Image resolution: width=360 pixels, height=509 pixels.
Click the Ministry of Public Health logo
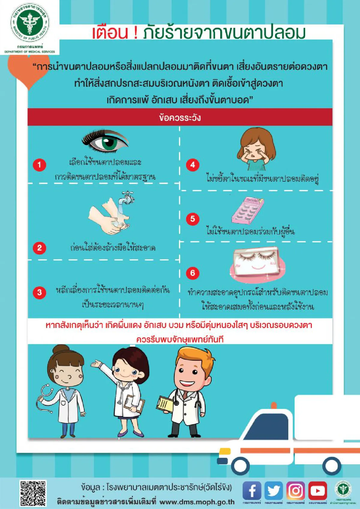tap(29, 23)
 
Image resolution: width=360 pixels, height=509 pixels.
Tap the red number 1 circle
tap(39, 165)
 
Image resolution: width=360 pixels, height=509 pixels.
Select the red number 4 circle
tap(193, 165)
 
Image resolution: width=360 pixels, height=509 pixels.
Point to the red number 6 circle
tap(193, 273)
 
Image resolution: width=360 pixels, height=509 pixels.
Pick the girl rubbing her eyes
tap(256, 149)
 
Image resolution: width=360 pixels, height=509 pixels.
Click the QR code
tap(33, 493)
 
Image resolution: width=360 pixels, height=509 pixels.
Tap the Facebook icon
tap(252, 491)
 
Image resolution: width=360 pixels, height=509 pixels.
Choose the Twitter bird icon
tap(274, 491)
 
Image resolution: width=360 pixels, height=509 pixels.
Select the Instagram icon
tap(295, 491)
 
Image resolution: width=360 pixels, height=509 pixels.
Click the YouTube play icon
tap(317, 491)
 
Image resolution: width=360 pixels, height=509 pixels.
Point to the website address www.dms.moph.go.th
tap(197, 502)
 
